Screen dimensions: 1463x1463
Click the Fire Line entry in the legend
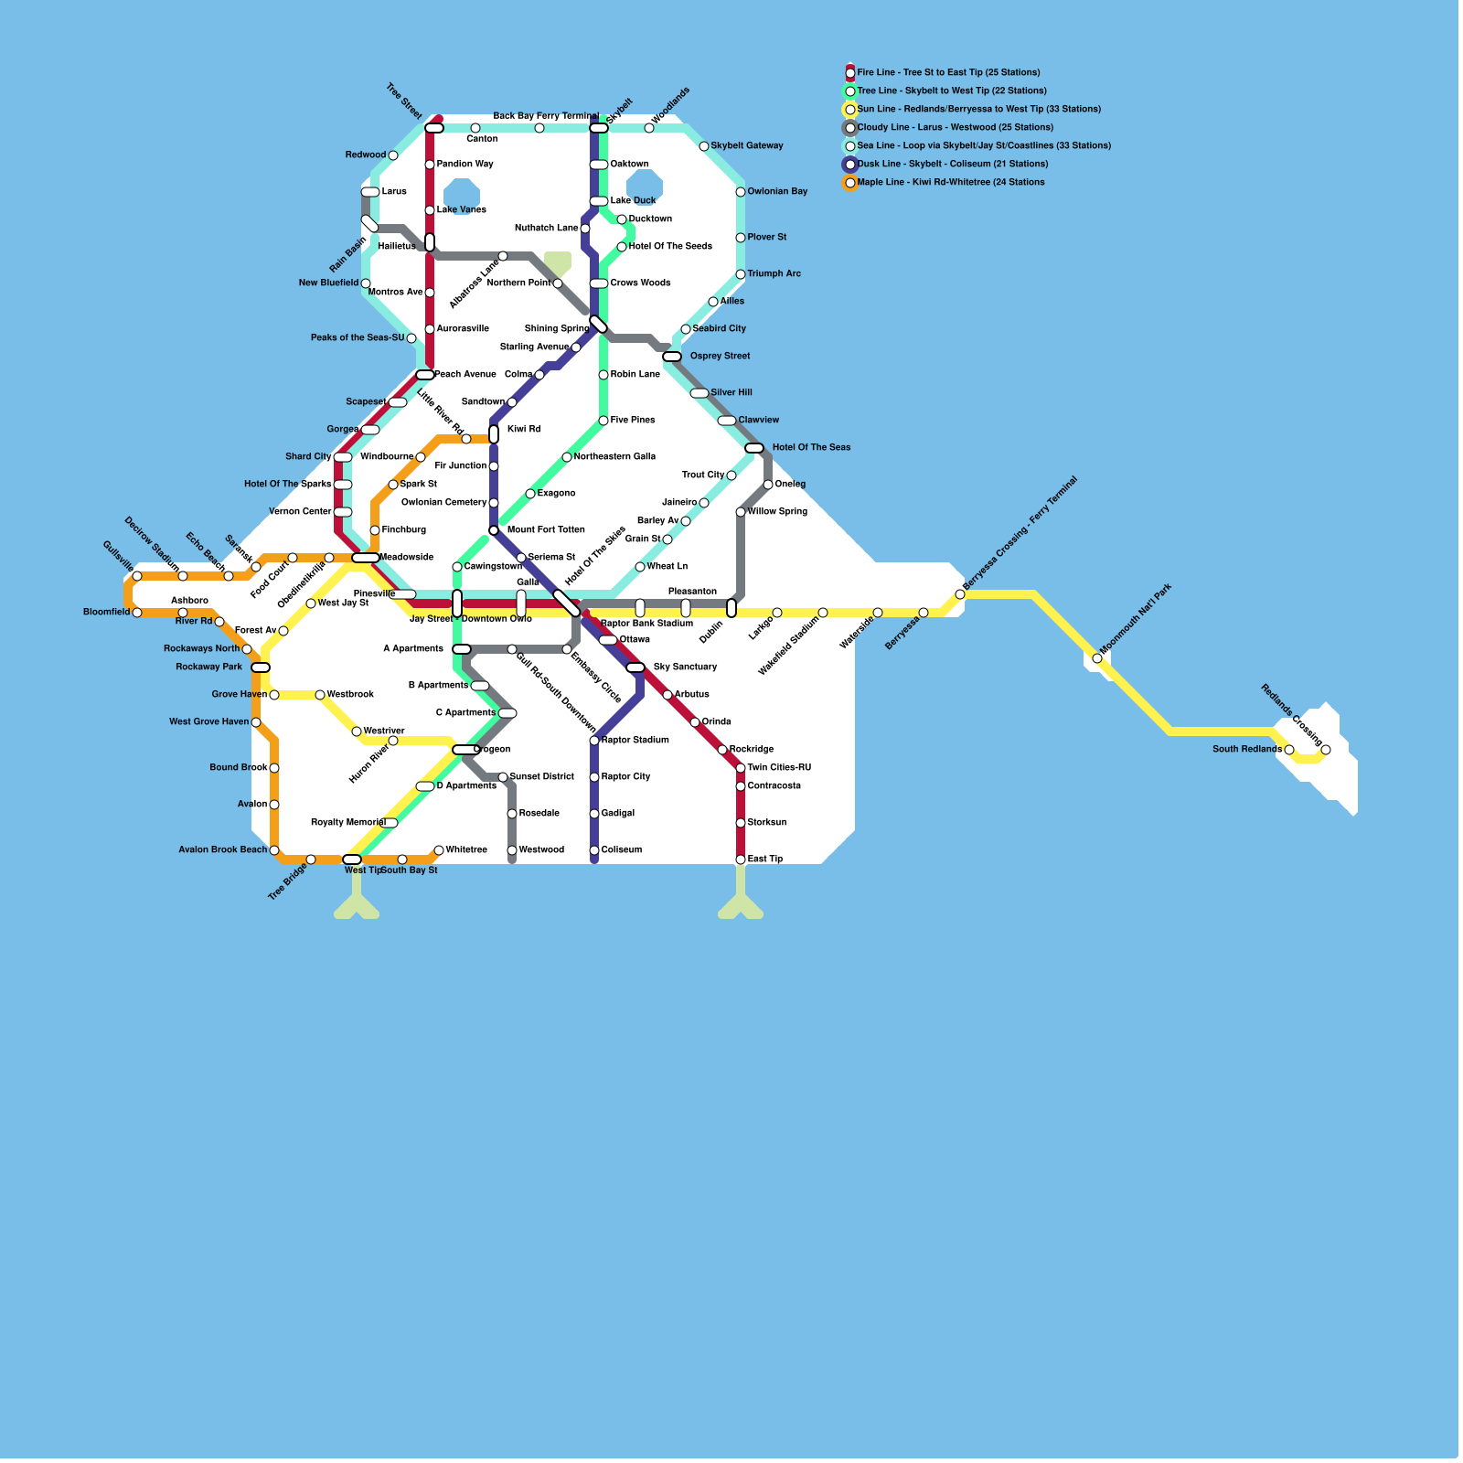(947, 72)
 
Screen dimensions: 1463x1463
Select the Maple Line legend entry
(950, 182)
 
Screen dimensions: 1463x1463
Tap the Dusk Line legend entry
(952, 164)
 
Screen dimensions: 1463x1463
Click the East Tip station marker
(741, 860)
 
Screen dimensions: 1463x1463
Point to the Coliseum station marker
(594, 850)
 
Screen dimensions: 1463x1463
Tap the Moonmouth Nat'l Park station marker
(1097, 658)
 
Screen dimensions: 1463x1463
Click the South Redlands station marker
(1289, 750)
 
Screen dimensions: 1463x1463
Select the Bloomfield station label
(106, 612)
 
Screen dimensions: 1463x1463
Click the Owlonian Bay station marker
(741, 192)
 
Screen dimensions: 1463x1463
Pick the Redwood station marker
(393, 155)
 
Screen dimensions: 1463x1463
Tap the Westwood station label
(541, 849)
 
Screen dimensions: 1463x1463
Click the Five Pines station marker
(603, 421)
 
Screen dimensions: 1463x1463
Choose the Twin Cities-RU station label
(779, 767)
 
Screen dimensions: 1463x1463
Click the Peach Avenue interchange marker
(425, 375)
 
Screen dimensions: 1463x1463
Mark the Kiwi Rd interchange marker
(494, 433)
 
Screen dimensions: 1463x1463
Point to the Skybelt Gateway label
(747, 145)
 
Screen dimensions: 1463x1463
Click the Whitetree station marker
(439, 850)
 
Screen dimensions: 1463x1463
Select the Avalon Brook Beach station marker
(274, 850)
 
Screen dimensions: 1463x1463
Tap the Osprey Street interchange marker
(672, 357)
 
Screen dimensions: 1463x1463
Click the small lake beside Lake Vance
(461, 195)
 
